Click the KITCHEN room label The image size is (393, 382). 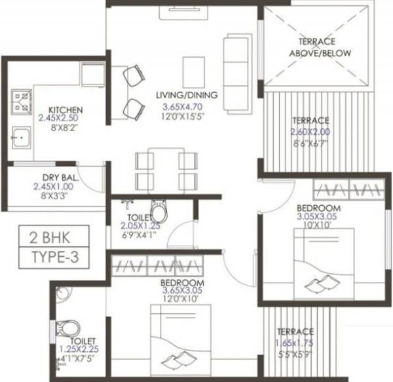coord(65,109)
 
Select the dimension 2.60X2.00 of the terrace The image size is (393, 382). coord(311,131)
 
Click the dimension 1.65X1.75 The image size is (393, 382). coord(294,341)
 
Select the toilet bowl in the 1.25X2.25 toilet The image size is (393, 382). coord(67,327)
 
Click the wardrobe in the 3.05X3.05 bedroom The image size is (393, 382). coord(347,190)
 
